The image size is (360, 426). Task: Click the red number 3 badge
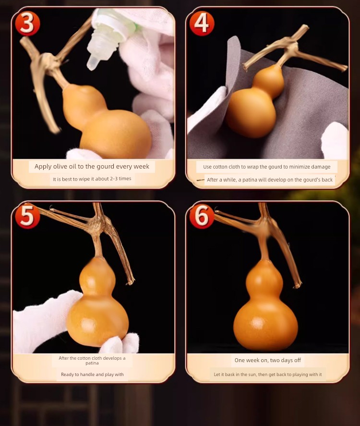pos(27,24)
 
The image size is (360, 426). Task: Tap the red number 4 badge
pos(202,24)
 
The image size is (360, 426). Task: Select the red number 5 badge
pos(27,216)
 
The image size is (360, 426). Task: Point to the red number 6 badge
pos(202,216)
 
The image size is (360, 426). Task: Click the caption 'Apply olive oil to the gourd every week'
pos(92,167)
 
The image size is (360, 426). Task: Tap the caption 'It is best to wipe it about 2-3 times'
pos(92,179)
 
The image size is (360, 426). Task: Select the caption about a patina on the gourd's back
pos(270,180)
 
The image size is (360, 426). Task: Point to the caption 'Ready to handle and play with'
pos(92,375)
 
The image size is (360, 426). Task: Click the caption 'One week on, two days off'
pos(268,360)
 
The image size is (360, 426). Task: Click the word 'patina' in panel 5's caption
pos(92,363)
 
